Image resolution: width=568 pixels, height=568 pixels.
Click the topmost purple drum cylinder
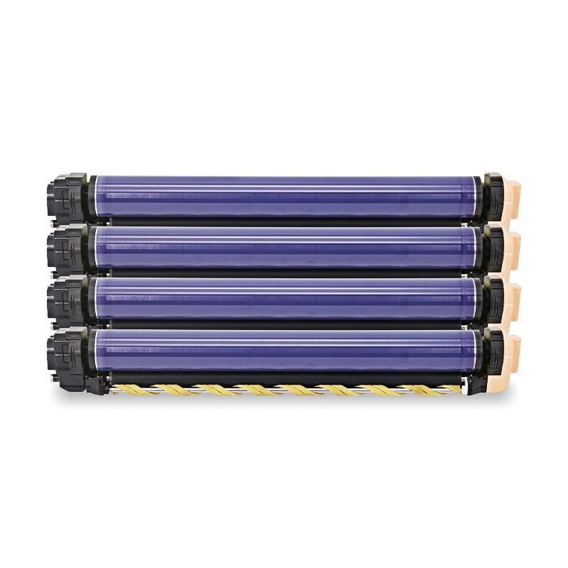click(x=284, y=196)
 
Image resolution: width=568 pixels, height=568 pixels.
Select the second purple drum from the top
click(x=284, y=246)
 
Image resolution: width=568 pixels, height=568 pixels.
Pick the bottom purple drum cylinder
click(x=284, y=349)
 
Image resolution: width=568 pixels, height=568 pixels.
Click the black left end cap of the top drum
click(x=67, y=196)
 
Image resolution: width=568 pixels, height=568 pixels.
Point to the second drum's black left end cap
click(x=67, y=248)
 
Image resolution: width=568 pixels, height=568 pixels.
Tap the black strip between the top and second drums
click(x=284, y=222)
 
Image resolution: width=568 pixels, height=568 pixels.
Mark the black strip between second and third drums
click(x=284, y=272)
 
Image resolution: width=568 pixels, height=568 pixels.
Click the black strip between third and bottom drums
click(x=284, y=324)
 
